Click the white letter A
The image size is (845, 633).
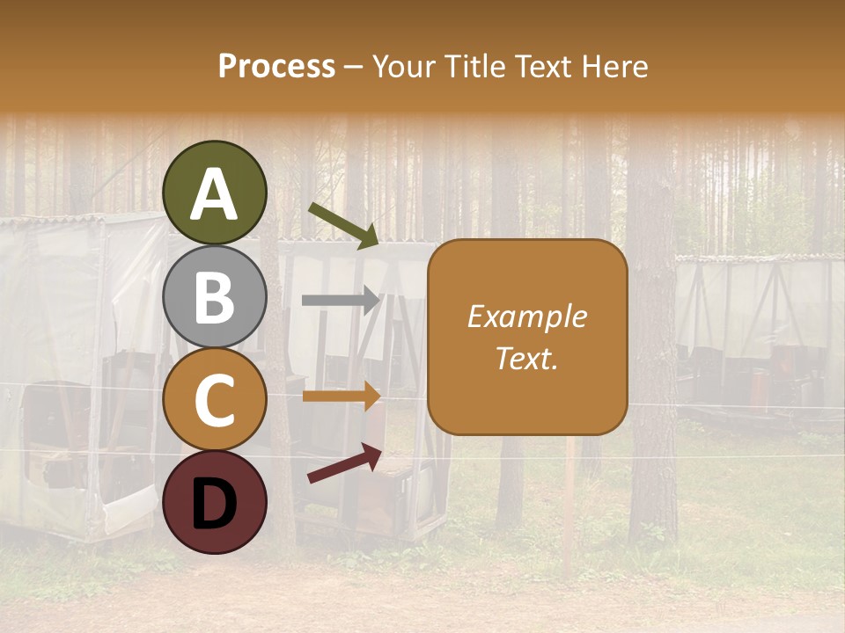215,194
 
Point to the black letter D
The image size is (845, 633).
215,504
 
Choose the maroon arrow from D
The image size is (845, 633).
344,463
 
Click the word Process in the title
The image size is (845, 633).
276,66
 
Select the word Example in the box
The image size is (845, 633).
526,316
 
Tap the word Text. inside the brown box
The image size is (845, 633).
526,358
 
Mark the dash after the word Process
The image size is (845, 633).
353,67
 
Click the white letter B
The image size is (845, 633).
215,297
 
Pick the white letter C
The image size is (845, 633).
215,400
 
